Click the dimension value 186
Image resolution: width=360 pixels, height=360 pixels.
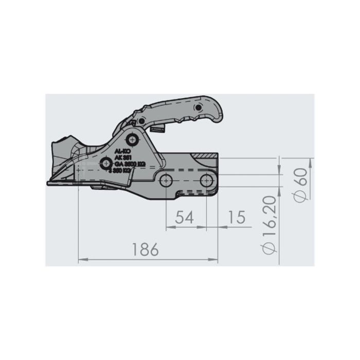pyautogui.click(x=145, y=250)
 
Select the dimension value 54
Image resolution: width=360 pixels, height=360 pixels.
pyautogui.click(x=184, y=217)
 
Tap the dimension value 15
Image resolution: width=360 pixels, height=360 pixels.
pyautogui.click(x=235, y=217)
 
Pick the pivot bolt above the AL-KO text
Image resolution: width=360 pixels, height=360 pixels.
pyautogui.click(x=134, y=139)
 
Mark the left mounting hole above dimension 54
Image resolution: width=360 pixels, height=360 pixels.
pyautogui.click(x=166, y=179)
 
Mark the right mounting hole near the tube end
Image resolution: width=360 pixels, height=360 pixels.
pyautogui.click(x=207, y=179)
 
